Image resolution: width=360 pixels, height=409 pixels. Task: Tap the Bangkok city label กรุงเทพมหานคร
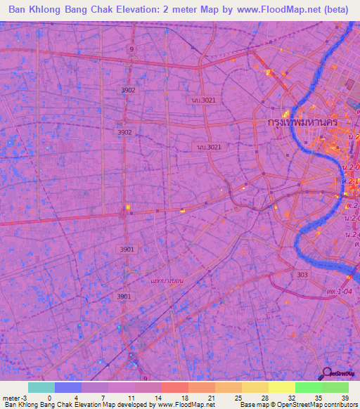tap(303, 122)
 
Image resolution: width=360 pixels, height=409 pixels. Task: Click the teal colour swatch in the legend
tap(41, 387)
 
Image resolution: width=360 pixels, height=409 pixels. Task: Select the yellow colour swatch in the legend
tap(281, 387)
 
